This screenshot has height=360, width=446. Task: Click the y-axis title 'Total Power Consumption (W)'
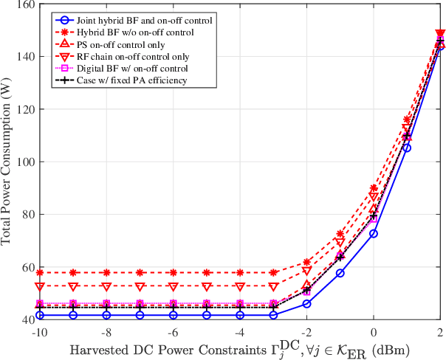(7, 162)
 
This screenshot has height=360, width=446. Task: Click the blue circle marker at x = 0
(374, 233)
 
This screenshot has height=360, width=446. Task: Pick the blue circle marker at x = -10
(40, 315)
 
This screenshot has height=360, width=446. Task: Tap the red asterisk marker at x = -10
(40, 273)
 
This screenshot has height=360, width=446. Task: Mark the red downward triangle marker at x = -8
(106, 286)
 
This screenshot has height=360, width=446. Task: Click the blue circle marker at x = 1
(407, 148)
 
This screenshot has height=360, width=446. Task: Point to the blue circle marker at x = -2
(307, 304)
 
